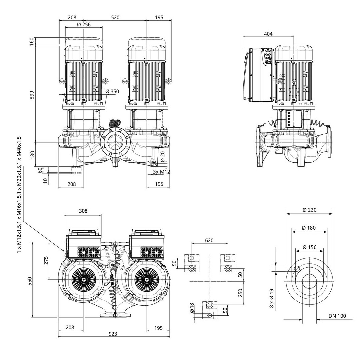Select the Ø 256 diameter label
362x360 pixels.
click(84, 25)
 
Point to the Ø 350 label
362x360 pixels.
click(112, 91)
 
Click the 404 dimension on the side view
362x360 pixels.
click(268, 34)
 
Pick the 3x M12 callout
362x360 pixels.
click(162, 172)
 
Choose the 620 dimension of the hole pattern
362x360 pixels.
click(209, 240)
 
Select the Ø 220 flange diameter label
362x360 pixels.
click(309, 210)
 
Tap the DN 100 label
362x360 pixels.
click(337, 316)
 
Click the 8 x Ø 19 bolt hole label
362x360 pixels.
click(272, 298)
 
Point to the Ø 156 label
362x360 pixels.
click(310, 247)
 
